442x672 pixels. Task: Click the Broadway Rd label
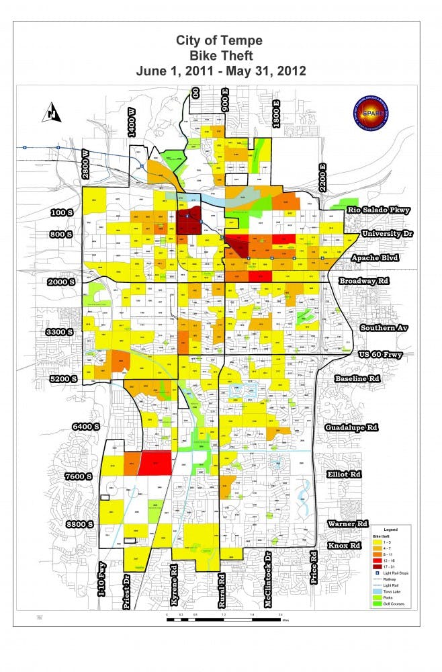pos(365,280)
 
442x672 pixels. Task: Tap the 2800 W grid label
pos(85,163)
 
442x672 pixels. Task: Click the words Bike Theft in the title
pos(220,55)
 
